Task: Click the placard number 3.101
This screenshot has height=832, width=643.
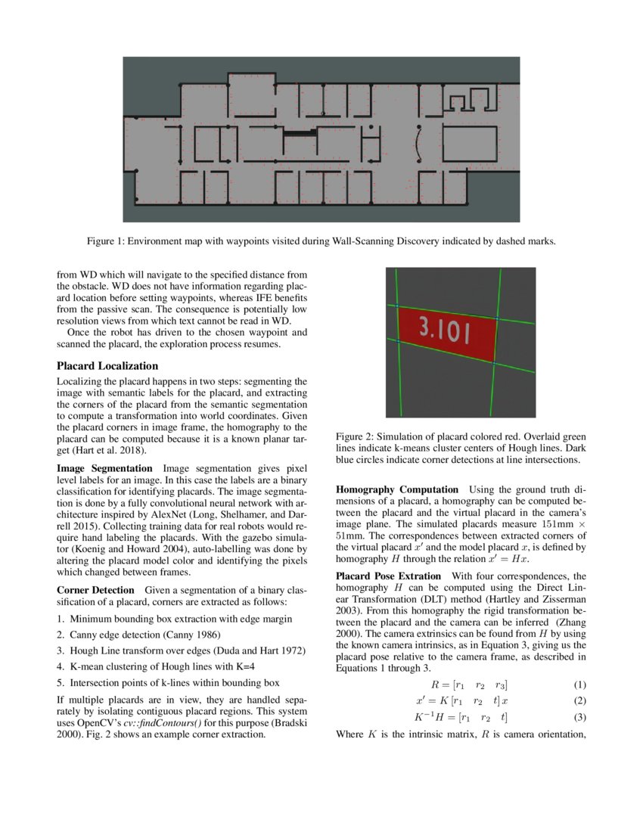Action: point(445,330)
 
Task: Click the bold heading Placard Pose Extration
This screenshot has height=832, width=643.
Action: point(387,576)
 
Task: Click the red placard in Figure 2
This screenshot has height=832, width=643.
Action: point(446,333)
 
